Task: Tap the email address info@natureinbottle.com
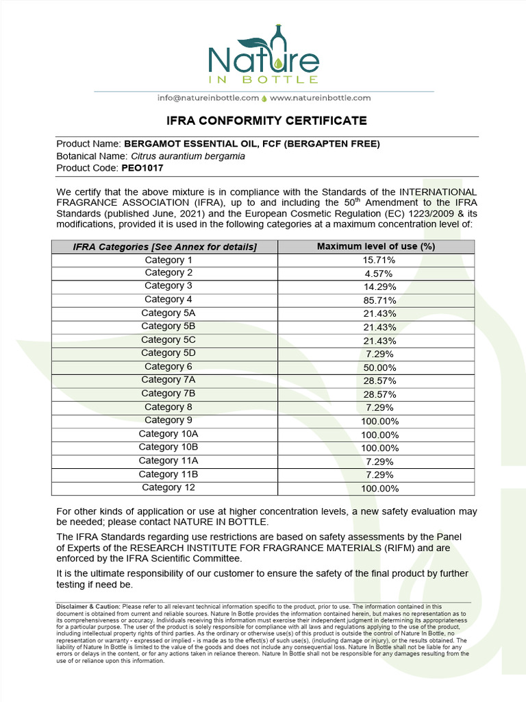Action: tap(208, 98)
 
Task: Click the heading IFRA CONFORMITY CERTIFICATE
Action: tap(267, 121)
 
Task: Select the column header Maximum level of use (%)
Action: tap(376, 246)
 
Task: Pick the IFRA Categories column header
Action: tap(164, 247)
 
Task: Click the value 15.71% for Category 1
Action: tap(379, 261)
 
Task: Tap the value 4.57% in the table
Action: tap(379, 274)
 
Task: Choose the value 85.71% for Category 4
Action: tap(379, 300)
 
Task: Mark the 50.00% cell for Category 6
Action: tap(379, 367)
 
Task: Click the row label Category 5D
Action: tap(168, 353)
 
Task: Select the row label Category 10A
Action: tap(168, 434)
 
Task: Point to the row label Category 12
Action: tap(168, 487)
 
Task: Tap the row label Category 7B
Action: tap(168, 394)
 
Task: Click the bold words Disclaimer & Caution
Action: tap(88, 607)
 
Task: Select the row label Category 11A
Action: tap(168, 461)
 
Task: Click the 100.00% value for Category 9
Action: tap(379, 421)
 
